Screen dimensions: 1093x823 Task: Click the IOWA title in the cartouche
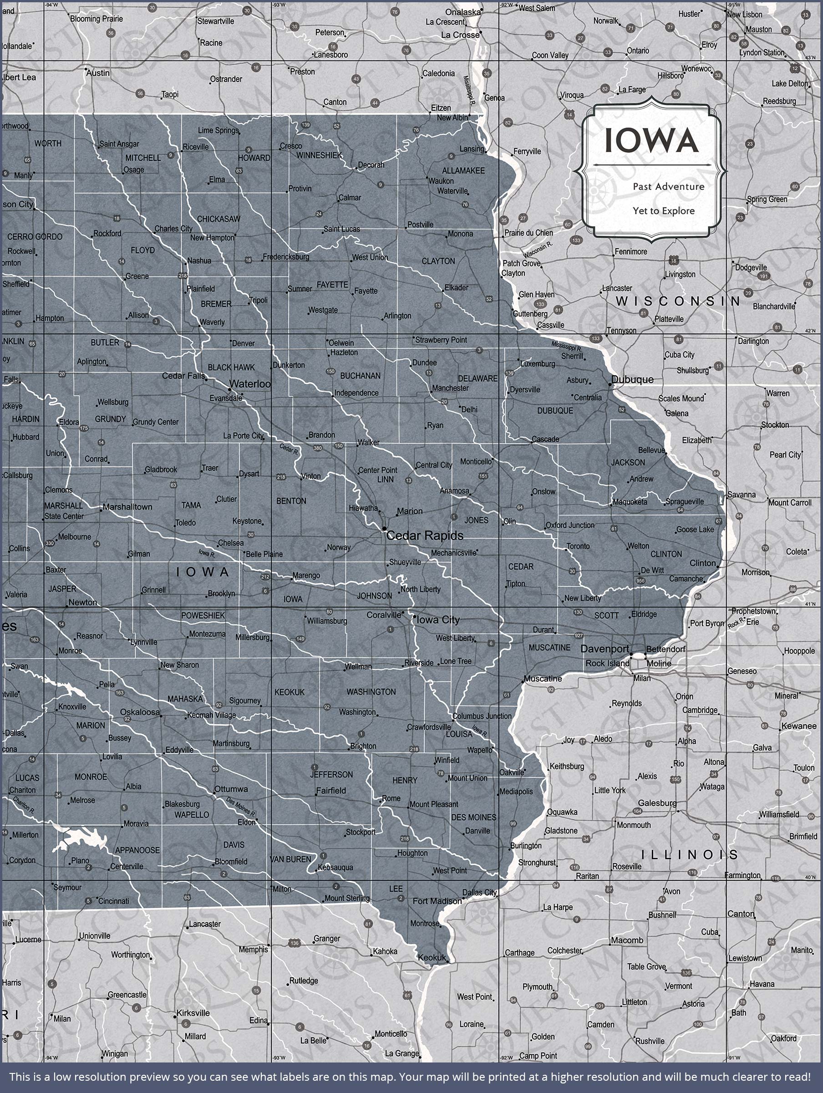651,140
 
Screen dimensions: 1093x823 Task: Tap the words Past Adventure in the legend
668,186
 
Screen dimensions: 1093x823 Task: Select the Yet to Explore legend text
663,211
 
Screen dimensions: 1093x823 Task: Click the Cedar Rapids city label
425,536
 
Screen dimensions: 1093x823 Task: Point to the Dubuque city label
632,379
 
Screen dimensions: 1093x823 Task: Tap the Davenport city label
605,649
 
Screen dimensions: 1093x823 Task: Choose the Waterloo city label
250,384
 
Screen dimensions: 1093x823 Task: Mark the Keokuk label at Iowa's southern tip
432,958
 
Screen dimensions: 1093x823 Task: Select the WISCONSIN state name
678,301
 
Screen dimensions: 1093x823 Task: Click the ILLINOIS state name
689,854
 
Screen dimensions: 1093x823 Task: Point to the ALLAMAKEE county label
463,170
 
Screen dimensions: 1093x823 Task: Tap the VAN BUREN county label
290,859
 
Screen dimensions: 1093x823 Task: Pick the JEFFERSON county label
331,774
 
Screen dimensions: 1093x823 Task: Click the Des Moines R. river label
241,807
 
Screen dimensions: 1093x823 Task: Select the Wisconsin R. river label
538,250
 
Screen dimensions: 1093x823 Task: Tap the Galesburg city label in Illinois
657,803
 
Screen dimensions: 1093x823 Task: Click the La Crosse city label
460,35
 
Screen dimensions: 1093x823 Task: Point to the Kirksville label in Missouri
193,1013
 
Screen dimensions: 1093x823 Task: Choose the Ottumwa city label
231,789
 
